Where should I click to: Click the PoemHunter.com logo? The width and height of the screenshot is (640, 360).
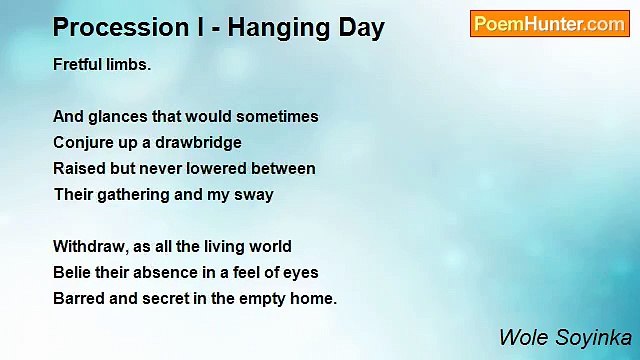[x=549, y=24]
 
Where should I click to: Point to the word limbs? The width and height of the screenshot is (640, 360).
[x=129, y=64]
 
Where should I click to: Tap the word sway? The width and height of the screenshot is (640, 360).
[x=254, y=195]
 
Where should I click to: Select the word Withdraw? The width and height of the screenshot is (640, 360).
[x=90, y=246]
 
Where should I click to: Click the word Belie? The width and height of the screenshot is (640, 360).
[x=73, y=272]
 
